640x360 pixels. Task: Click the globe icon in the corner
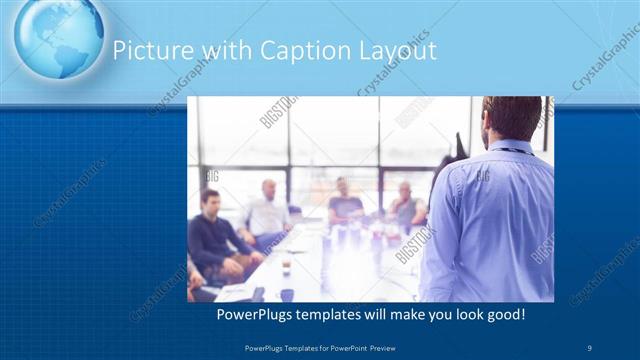(58, 36)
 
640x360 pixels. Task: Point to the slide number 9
(590, 346)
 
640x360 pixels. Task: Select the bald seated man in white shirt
(267, 212)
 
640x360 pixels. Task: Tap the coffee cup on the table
(285, 266)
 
